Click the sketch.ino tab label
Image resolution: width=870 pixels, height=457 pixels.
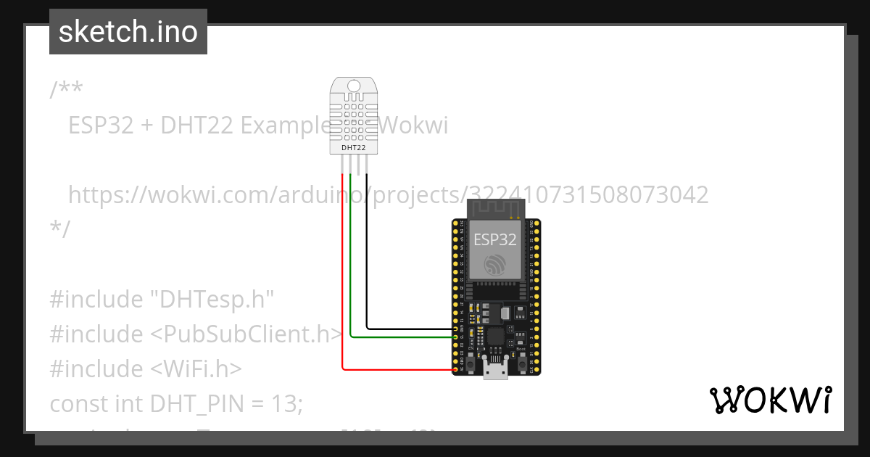[128, 32]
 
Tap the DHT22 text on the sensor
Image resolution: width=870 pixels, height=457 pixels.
[353, 148]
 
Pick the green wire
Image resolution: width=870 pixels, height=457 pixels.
[351, 276]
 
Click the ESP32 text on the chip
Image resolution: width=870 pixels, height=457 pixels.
[495, 239]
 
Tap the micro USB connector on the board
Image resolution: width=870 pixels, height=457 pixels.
[496, 369]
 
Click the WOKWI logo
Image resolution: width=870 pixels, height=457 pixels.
[771, 400]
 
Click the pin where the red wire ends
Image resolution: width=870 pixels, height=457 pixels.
[455, 369]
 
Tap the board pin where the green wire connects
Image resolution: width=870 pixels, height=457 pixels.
[455, 337]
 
